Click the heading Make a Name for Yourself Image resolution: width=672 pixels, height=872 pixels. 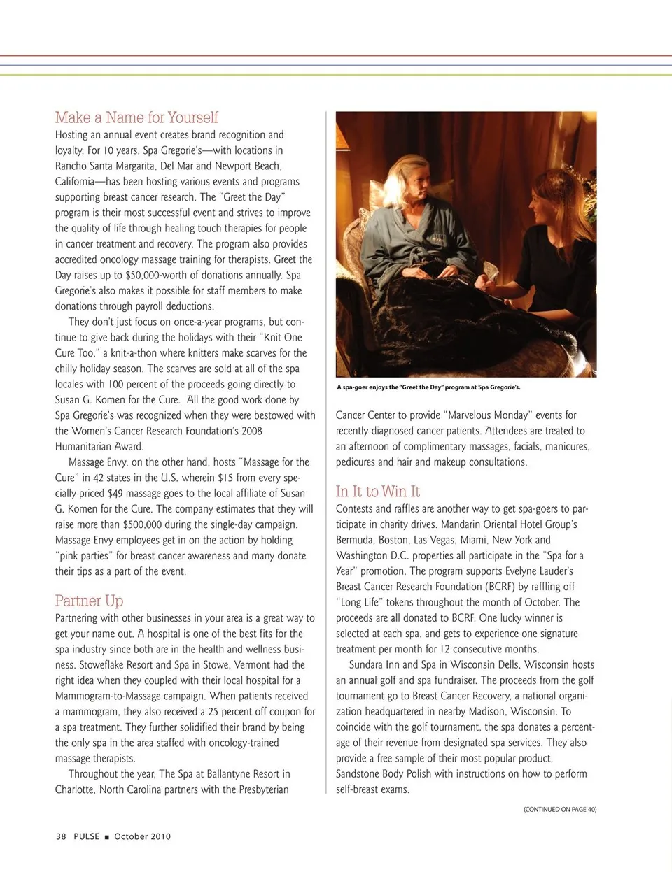pos(136,117)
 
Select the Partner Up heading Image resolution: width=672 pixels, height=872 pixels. pos(89,601)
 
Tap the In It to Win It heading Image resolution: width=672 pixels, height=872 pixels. pos(378,492)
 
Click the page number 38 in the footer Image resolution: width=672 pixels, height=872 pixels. pos(61,836)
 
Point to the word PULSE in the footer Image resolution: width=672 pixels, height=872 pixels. pos(87,836)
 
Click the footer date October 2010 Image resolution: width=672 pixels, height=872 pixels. pos(142,836)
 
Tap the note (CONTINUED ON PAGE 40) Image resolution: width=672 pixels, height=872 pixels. pos(560,809)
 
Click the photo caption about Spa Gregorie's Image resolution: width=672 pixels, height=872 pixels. pos(428,387)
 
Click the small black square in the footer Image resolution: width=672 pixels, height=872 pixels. pos(107,837)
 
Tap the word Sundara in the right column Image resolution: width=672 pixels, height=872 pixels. pos(367,665)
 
